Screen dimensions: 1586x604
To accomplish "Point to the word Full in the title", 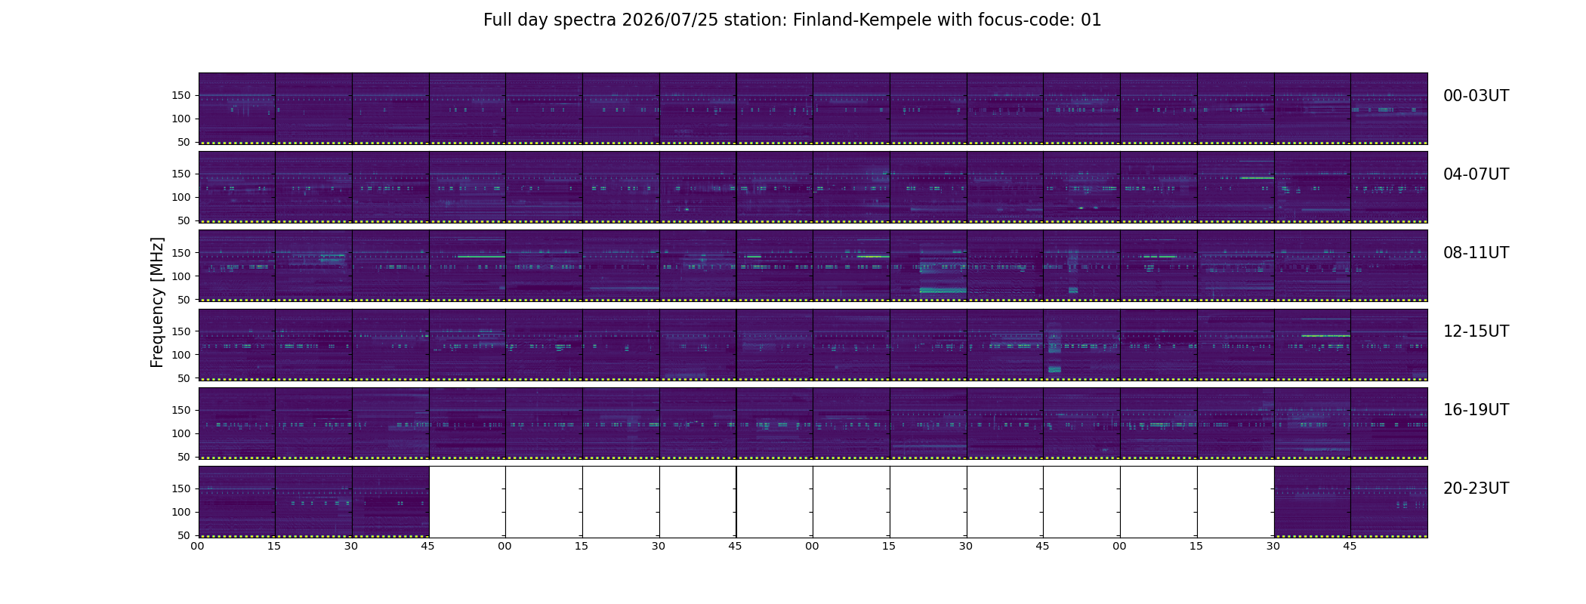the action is tap(497, 20).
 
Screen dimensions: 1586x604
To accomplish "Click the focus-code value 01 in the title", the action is tap(1091, 20).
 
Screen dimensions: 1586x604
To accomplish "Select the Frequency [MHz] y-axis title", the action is tap(157, 302).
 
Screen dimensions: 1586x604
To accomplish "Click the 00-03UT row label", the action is tap(1476, 96).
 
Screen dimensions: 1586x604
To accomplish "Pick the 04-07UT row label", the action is tap(1476, 174).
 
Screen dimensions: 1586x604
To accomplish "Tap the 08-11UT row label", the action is tap(1476, 253).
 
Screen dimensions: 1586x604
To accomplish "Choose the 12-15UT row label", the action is tap(1476, 331).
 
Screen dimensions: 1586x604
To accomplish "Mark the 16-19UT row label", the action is tap(1476, 410).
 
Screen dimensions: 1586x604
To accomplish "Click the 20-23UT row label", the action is tap(1476, 488).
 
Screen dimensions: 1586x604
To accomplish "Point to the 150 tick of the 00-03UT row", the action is tap(181, 95).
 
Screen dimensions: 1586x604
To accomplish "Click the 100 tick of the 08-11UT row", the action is tap(181, 276).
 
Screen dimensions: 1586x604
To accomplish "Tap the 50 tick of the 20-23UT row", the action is tap(184, 535).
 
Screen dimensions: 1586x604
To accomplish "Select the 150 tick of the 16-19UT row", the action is tap(181, 410).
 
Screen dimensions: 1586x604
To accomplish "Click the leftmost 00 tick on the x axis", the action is tap(197, 546).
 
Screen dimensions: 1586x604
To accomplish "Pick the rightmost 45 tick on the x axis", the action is tap(1350, 546).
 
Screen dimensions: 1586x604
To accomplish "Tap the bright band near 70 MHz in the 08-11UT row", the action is tap(943, 290).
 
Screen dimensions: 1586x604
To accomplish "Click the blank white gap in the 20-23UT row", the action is tap(851, 501).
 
